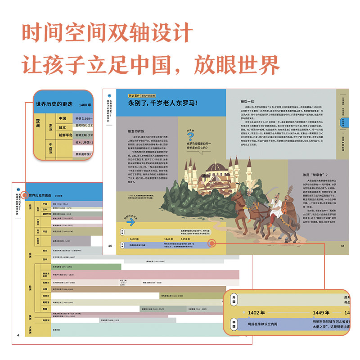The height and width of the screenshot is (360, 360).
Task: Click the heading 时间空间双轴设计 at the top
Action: pyautogui.click(x=108, y=34)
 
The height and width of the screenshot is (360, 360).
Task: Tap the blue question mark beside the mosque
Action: pyautogui.click(x=190, y=135)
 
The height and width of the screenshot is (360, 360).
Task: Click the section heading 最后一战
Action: pyautogui.click(x=247, y=101)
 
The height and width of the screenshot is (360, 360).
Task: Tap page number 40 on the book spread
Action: pyautogui.click(x=109, y=245)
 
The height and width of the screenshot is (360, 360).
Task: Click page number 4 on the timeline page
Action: pyautogui.click(x=18, y=335)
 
